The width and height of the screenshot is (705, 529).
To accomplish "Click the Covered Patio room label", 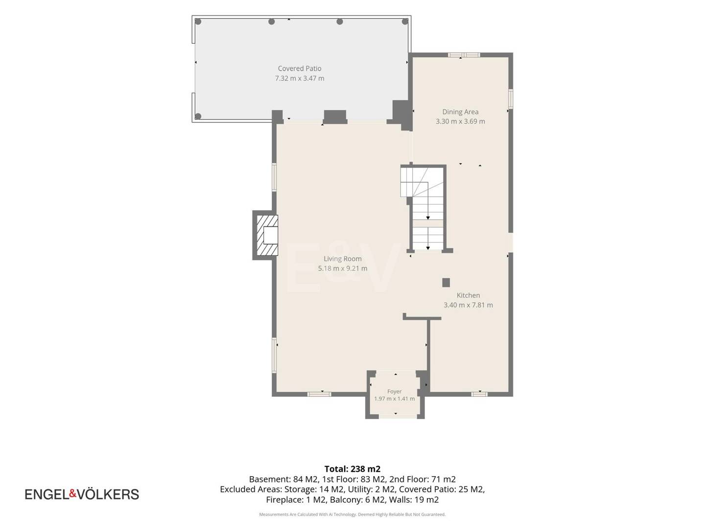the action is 299,69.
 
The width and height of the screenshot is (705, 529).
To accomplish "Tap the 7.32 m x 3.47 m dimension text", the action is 299,78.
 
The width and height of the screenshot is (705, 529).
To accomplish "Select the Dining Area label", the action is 460,112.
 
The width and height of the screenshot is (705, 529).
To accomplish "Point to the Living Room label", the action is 342,259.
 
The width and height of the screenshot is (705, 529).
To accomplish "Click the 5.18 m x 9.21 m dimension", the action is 342,268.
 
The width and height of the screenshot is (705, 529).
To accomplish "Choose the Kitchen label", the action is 469,295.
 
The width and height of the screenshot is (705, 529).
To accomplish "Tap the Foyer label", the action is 395,391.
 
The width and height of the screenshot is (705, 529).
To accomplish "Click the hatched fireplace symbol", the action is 267,235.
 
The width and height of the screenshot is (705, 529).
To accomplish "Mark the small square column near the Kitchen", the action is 446,283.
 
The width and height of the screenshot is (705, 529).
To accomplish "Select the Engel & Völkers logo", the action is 82,494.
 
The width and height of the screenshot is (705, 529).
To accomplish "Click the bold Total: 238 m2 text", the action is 352,469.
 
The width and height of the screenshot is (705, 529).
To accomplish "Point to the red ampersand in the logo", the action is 72,493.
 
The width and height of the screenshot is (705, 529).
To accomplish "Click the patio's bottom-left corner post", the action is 198,116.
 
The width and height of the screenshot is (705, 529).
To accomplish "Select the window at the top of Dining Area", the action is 464,55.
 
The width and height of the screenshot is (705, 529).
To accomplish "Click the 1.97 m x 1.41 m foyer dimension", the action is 395,399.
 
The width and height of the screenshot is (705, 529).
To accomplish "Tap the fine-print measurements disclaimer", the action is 352,514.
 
